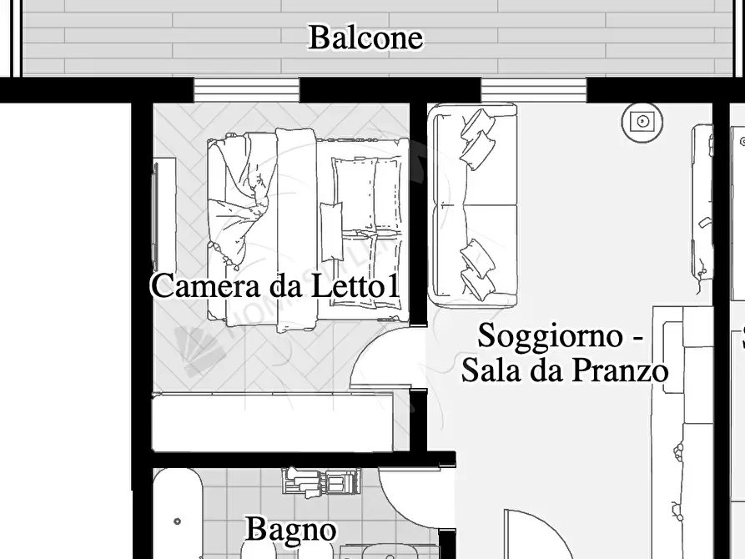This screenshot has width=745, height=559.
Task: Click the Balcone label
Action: point(365,38)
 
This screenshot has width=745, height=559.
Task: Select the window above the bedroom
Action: point(246,89)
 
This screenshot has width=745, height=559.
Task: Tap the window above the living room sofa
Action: point(533,89)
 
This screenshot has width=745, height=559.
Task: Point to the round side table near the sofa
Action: point(642,122)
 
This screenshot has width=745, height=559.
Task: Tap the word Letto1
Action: point(355,286)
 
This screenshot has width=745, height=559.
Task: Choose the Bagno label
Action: point(290,529)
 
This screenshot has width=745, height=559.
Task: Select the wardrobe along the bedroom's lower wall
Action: point(271,424)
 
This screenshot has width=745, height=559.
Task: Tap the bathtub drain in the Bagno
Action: point(178,521)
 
